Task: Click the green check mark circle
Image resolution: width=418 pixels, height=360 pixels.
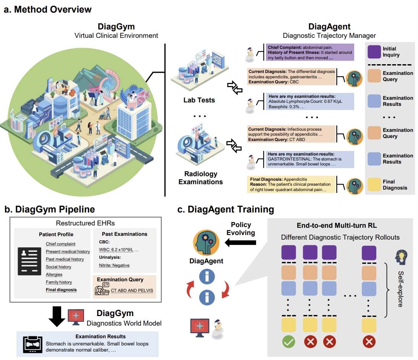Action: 288,341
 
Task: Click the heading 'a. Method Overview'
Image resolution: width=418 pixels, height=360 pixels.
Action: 48,9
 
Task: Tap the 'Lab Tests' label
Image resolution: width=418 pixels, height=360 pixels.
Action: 199,100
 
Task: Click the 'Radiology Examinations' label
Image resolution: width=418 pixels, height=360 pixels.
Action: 201,178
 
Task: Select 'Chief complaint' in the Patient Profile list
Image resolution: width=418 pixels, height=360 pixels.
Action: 60,244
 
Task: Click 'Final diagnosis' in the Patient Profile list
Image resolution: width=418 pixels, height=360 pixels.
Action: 61,290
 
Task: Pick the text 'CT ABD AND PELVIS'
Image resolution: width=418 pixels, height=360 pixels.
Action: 132,290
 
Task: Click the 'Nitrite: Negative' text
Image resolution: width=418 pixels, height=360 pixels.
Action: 114,265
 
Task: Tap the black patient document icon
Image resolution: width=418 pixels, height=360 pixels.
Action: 29,261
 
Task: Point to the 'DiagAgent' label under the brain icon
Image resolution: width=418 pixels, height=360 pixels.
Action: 206,261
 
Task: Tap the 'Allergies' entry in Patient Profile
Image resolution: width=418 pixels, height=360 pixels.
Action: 54,274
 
